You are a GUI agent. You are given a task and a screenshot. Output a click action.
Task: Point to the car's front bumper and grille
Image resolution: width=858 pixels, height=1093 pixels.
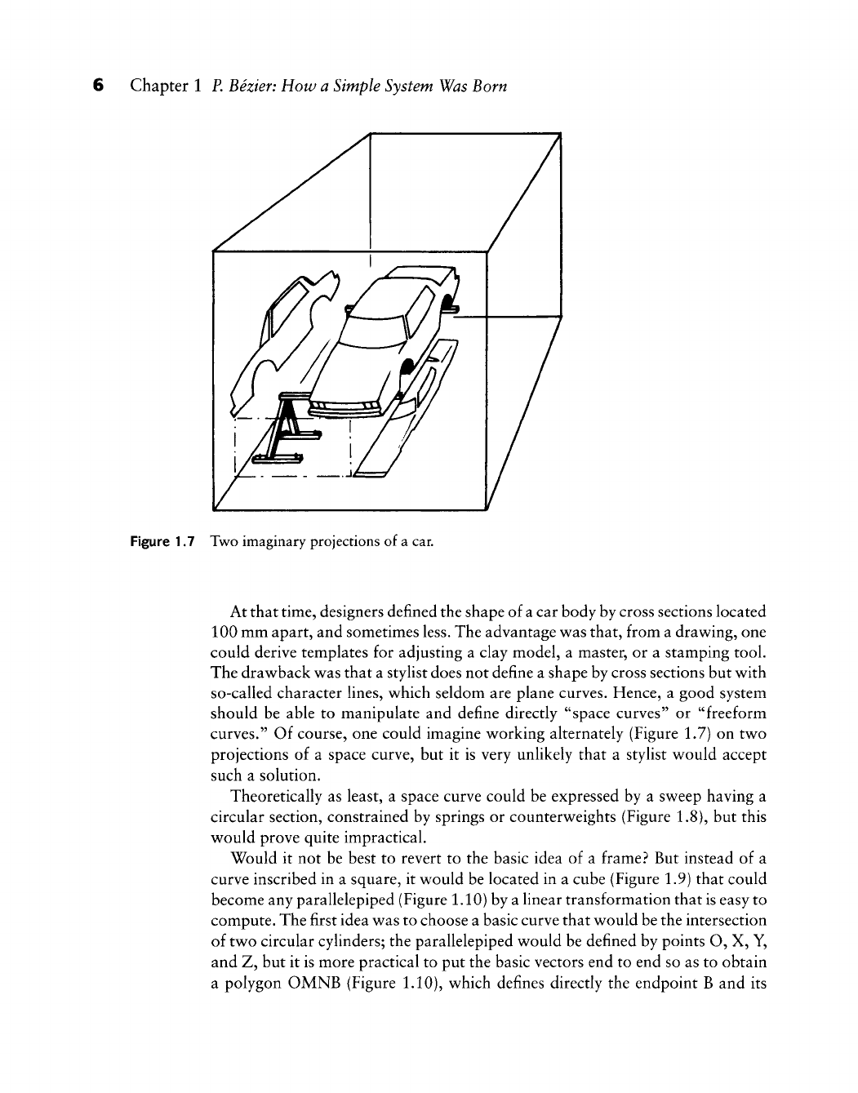click(x=347, y=406)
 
